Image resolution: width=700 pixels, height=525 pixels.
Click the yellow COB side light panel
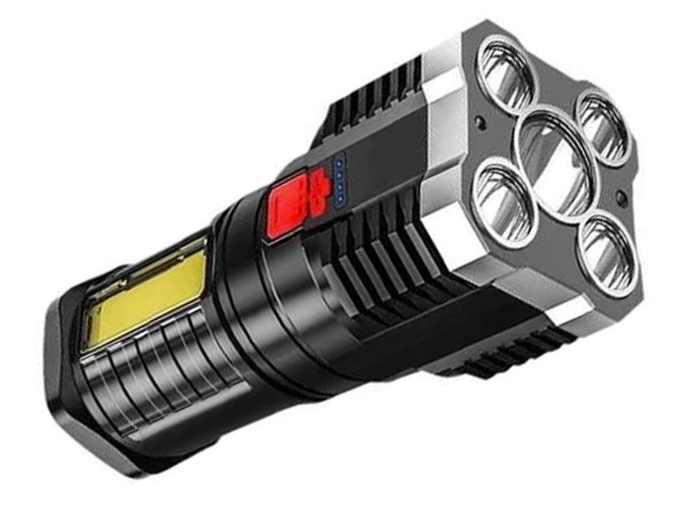[147, 295]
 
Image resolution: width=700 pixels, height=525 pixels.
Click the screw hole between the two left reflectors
[482, 122]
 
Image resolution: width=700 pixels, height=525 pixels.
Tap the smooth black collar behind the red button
[245, 294]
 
